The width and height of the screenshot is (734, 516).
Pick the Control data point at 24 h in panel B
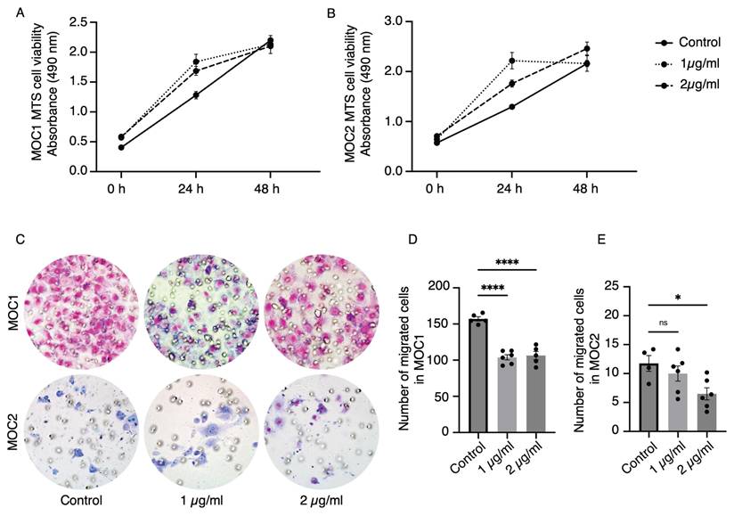coord(511,106)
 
